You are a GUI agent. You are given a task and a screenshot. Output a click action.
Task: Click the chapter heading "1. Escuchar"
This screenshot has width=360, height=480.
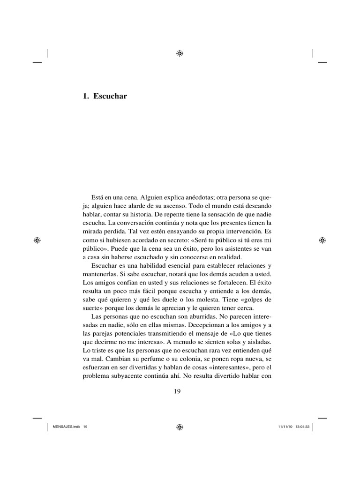tap(105, 97)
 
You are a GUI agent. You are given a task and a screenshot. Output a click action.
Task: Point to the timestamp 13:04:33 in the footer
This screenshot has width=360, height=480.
tap(302, 427)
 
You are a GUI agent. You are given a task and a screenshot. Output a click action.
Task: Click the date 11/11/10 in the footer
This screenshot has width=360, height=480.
tap(284, 427)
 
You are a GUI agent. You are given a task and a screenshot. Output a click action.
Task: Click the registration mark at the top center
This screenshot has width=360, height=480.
tap(180, 53)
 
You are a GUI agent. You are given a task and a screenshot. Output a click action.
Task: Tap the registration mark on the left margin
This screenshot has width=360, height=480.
tap(38, 240)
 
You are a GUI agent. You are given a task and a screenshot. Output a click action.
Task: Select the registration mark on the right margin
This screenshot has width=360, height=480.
tap(322, 240)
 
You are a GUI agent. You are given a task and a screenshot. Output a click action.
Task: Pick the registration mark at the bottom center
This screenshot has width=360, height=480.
tap(180, 427)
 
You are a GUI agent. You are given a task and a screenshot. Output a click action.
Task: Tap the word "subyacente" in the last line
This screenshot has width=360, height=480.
tap(128, 375)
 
